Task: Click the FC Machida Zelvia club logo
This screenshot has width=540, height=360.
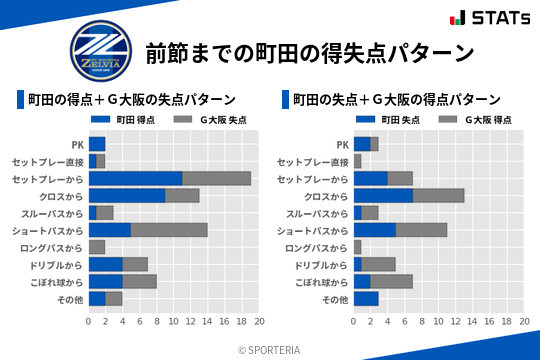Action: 99,50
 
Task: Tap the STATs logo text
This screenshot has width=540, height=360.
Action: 496,19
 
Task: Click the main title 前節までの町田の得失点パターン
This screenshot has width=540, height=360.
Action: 309,51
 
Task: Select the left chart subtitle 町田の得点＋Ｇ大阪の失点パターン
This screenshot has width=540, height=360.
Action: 131,100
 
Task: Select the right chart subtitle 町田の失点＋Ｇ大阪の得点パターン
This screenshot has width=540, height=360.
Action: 396,100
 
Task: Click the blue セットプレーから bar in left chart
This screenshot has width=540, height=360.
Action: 135,178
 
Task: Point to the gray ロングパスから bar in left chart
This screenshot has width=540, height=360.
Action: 97,247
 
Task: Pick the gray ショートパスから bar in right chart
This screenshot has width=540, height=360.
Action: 422,229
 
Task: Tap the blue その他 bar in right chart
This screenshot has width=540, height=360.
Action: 366,298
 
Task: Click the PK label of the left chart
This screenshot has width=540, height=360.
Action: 77,144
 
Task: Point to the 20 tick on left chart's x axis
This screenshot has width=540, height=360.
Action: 259,322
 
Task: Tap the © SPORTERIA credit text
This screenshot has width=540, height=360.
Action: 270,349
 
